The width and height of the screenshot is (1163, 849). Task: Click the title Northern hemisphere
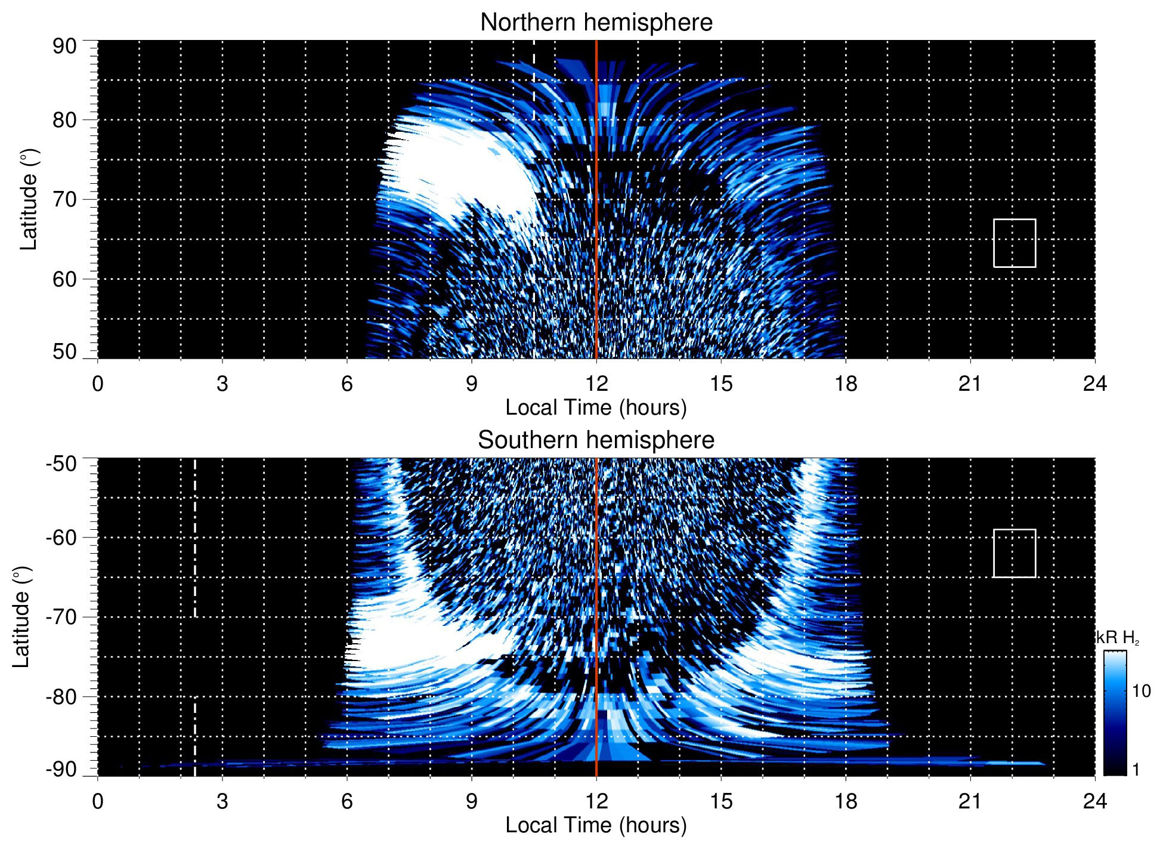[596, 23]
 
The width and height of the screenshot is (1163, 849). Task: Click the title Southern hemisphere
[596, 440]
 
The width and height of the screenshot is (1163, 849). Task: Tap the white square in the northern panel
[1014, 243]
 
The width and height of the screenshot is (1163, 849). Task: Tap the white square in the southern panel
[1014, 553]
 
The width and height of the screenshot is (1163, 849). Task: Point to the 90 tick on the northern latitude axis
[64, 47]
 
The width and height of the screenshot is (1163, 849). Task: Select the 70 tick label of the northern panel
[64, 199]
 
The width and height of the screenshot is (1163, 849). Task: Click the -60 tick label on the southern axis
[61, 537]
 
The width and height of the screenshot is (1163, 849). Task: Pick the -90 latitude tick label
[61, 770]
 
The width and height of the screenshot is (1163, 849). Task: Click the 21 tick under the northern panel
[970, 384]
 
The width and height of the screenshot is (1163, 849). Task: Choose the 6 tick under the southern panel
[347, 801]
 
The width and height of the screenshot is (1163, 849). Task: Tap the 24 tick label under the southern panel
[1094, 801]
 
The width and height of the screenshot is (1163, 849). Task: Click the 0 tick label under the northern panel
[98, 384]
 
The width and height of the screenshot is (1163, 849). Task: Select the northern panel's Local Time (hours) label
[596, 407]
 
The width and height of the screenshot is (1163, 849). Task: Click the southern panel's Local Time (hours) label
[596, 825]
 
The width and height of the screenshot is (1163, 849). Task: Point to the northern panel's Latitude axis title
[29, 199]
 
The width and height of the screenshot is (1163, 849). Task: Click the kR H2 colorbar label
[1118, 638]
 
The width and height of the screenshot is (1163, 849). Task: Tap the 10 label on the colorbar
[1141, 691]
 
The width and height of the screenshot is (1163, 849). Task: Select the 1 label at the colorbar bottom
[1136, 770]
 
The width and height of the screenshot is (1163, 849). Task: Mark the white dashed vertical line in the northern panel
[534, 72]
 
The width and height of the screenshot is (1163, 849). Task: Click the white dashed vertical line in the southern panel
[195, 537]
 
